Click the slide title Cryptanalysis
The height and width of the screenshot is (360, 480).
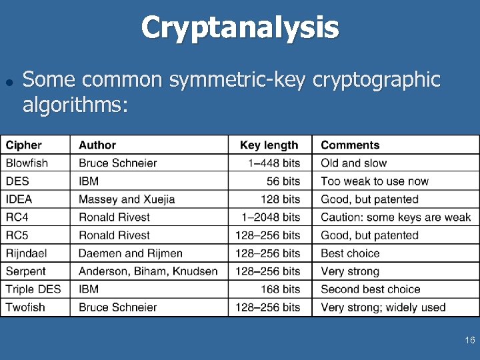click(x=240, y=28)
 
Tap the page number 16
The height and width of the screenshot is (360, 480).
click(x=469, y=341)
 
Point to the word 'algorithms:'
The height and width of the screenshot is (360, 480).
click(x=75, y=105)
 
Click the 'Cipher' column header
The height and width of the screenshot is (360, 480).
click(x=24, y=145)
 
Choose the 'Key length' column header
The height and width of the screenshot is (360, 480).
click(x=269, y=145)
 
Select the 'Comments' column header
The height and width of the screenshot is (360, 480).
click(x=350, y=145)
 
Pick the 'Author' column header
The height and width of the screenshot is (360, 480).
click(x=97, y=145)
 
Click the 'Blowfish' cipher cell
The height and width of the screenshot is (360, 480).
click(x=27, y=163)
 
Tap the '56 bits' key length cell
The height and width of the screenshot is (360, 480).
click(x=283, y=181)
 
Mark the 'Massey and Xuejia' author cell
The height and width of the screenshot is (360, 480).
click(x=127, y=199)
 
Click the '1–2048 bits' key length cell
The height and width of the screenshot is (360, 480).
click(x=273, y=217)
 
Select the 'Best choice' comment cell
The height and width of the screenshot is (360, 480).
click(x=350, y=253)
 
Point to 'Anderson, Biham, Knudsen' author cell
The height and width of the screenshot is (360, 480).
click(x=148, y=271)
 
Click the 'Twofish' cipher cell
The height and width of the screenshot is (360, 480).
click(x=25, y=307)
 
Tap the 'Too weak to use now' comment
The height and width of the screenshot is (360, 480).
click(x=375, y=181)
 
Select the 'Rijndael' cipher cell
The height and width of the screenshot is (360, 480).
click(x=27, y=253)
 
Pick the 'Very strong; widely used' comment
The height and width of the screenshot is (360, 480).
click(x=383, y=307)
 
